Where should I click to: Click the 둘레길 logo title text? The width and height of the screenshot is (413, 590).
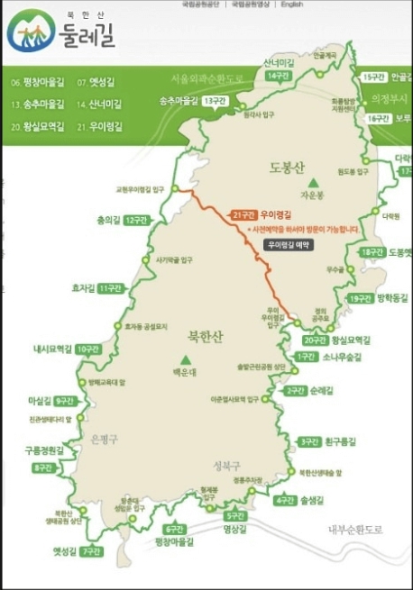[x=89, y=39]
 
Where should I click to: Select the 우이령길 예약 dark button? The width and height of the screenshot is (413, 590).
[x=288, y=245]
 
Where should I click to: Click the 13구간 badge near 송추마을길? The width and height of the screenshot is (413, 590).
[x=215, y=100]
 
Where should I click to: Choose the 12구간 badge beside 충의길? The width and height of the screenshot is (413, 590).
[x=135, y=220]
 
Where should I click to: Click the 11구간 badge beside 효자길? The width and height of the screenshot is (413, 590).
[x=110, y=288]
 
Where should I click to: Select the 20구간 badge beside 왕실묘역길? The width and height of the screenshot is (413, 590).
[x=315, y=340]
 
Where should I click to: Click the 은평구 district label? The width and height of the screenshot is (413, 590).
[x=106, y=439]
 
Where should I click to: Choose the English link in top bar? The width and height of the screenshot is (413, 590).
[x=291, y=5]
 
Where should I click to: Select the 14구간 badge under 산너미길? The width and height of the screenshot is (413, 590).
[x=277, y=75]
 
